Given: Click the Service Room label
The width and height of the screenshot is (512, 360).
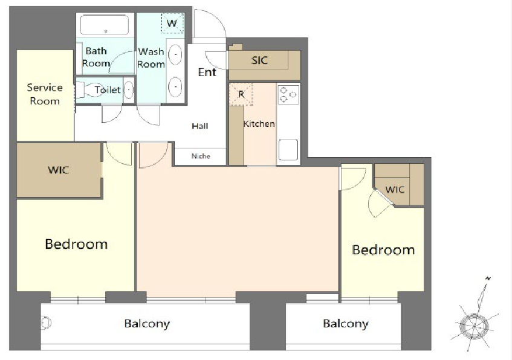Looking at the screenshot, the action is (45, 94).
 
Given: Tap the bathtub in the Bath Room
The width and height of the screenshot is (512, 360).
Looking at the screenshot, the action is (105, 25).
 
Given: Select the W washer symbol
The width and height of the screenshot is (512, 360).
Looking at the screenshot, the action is (172, 23).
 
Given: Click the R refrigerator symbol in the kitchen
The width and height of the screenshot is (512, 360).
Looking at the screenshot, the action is (241, 94).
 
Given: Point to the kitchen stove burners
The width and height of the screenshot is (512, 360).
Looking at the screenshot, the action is (288, 94).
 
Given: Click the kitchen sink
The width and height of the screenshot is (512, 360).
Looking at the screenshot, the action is (288, 150).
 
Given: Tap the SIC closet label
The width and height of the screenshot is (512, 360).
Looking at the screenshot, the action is (259, 60).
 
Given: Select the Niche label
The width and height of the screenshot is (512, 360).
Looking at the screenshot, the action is (201, 156).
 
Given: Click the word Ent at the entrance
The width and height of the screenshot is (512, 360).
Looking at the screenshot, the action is (207, 72).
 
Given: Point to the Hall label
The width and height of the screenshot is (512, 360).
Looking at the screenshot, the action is (200, 126).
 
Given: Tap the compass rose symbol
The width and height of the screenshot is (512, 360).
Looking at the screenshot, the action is (475, 326).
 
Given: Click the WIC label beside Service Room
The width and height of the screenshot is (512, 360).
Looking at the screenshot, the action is (59, 170).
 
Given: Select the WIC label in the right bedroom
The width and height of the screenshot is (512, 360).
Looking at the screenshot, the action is (395, 190).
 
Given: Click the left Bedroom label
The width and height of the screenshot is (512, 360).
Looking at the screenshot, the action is (76, 244).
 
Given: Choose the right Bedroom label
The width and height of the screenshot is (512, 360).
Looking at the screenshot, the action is (383, 249).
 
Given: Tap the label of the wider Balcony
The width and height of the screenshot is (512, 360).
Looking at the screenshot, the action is (147, 324).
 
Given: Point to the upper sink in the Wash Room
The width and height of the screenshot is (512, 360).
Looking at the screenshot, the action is (175, 54).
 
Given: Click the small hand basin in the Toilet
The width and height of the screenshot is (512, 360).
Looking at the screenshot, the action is (129, 89).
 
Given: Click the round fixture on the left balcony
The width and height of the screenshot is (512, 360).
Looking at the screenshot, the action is (46, 323).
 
